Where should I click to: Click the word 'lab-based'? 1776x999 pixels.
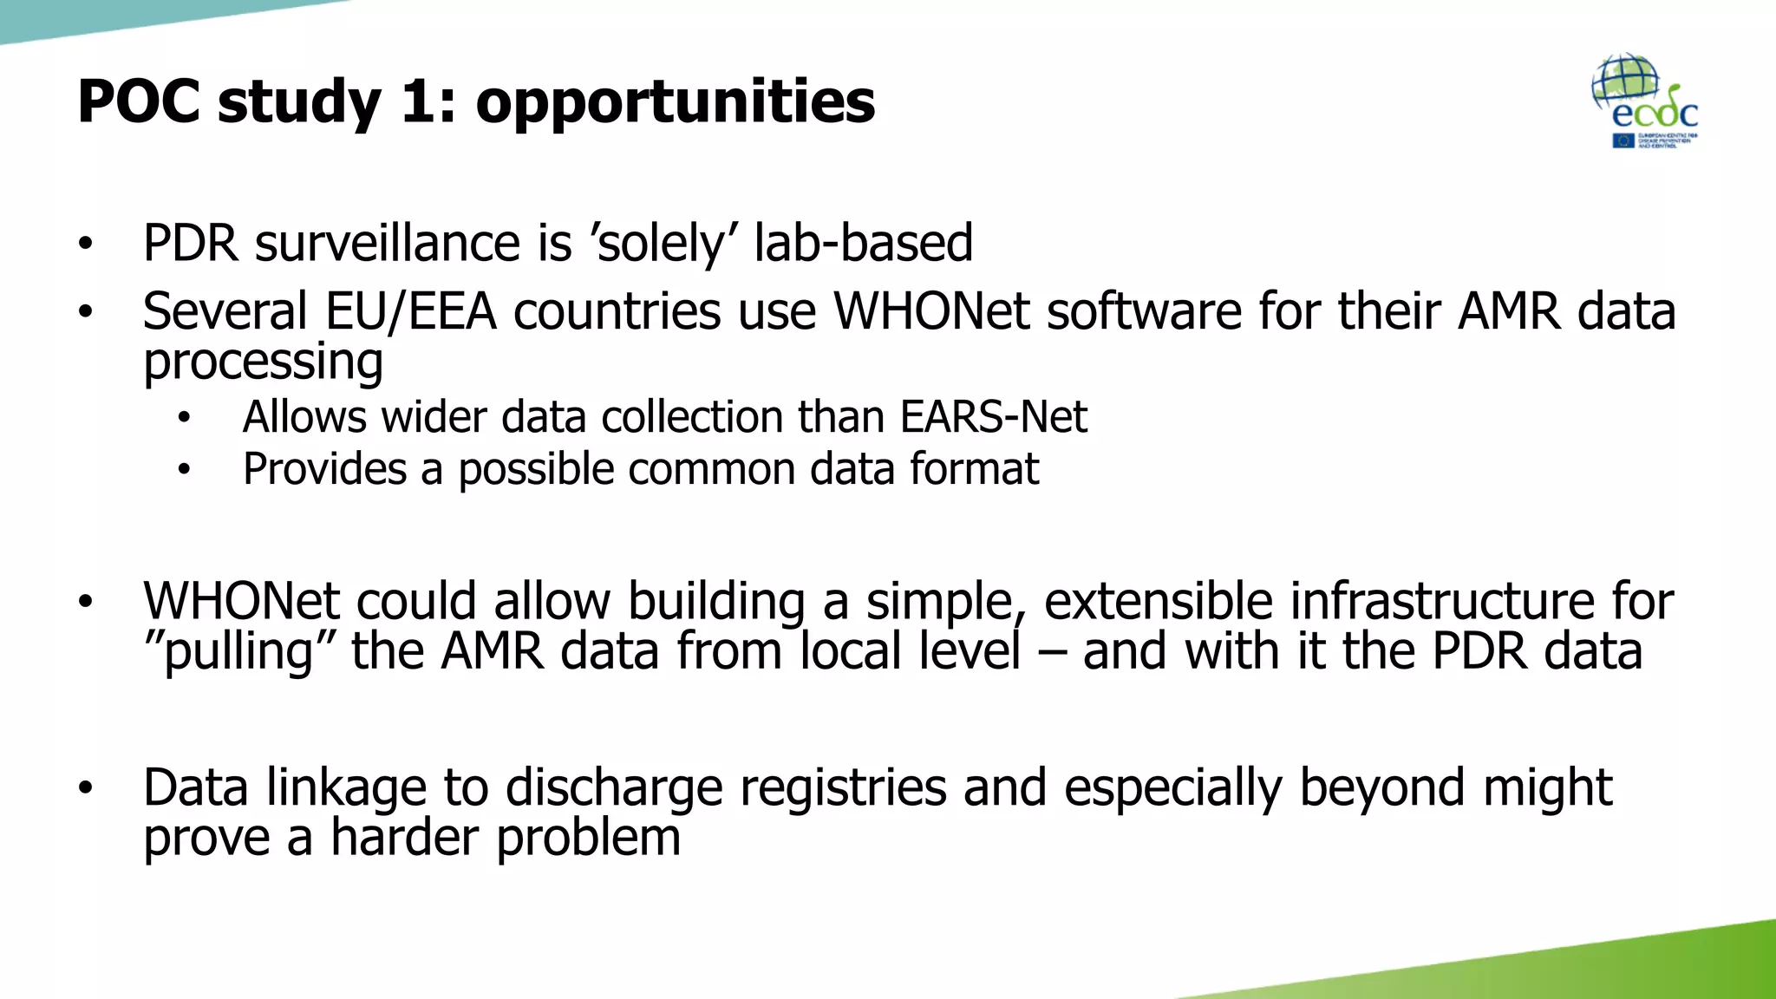pyautogui.click(x=863, y=243)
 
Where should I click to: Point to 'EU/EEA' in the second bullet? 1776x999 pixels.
pyautogui.click(x=410, y=311)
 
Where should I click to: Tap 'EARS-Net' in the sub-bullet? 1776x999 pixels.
pyautogui.click(x=993, y=417)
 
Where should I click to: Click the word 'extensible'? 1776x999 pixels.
pyautogui.click(x=1159, y=601)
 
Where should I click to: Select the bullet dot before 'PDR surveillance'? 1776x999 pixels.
pyautogui.click(x=84, y=244)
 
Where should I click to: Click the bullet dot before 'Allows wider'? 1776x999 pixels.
pyautogui.click(x=183, y=419)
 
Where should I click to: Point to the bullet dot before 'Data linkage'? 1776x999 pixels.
pyautogui.click(x=84, y=788)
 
